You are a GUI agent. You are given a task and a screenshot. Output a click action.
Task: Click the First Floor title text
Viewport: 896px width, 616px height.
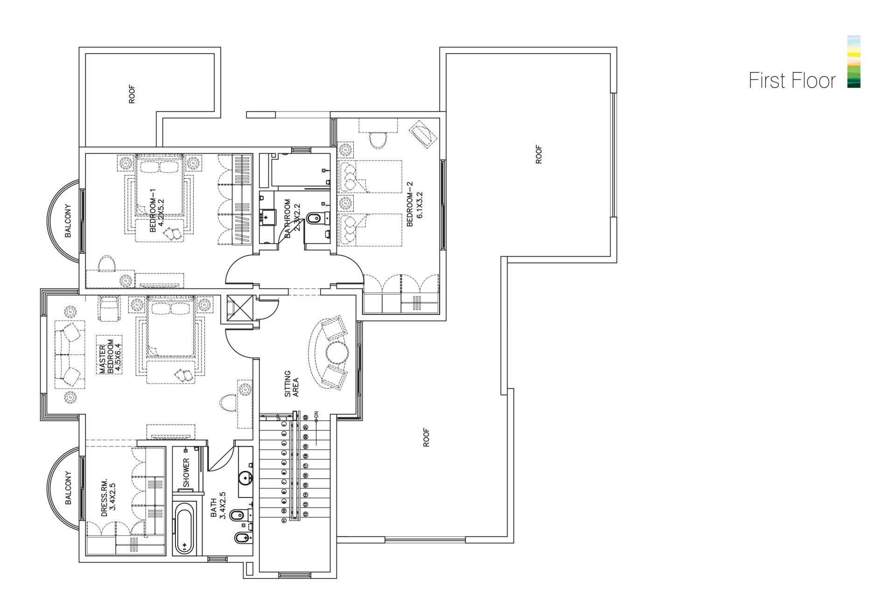click(792, 81)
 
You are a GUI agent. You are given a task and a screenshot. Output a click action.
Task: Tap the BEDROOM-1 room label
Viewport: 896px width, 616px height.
click(157, 210)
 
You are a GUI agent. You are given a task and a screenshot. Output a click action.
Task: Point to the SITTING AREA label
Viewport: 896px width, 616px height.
click(292, 384)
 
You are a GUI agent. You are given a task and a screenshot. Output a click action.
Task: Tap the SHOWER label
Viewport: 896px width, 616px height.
click(186, 473)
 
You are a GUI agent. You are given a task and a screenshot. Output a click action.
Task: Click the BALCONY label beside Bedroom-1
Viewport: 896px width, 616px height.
click(68, 221)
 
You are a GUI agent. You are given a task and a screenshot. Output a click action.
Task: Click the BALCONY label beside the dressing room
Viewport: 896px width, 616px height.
click(68, 488)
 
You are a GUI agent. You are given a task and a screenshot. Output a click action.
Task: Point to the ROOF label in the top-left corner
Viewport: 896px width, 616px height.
click(133, 94)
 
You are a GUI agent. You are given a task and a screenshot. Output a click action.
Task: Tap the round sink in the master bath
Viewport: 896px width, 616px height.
click(245, 478)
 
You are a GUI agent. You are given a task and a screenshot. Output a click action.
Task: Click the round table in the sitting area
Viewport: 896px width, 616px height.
click(336, 353)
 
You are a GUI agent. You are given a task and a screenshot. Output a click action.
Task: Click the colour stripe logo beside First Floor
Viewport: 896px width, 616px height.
click(854, 62)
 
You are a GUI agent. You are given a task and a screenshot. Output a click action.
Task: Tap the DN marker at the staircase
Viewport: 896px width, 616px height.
click(316, 414)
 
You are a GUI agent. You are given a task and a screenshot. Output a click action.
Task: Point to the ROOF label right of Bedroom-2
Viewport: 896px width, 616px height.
click(539, 154)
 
